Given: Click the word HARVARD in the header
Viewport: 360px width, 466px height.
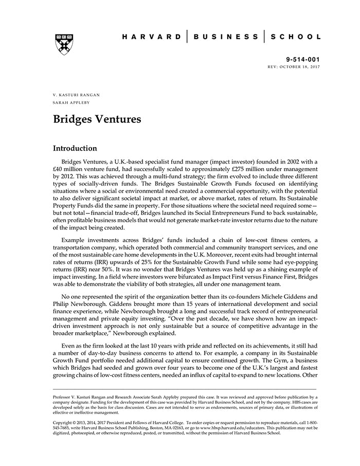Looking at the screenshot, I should click(152, 37).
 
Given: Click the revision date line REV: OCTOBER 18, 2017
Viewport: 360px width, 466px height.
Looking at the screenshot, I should click(294, 67).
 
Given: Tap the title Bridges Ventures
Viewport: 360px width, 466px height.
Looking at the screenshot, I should click(97, 120).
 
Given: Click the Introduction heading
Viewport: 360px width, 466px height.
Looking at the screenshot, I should click(75, 149).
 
